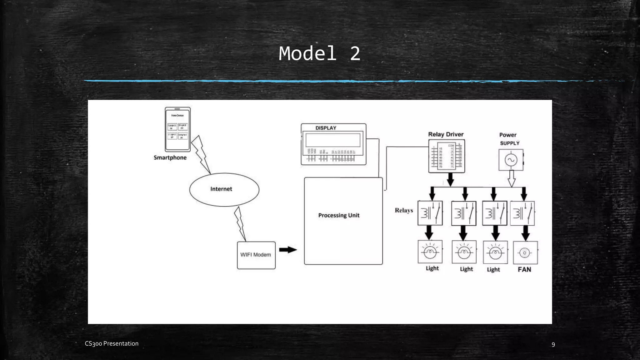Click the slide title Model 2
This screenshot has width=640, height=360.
(x=319, y=54)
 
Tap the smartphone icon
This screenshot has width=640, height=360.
(x=177, y=129)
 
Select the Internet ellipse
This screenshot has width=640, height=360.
(x=224, y=189)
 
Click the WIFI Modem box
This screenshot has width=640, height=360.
(x=256, y=255)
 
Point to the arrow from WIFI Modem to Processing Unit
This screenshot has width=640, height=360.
(x=288, y=250)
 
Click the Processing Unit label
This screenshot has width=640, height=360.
(x=339, y=215)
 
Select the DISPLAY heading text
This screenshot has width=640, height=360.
(x=326, y=128)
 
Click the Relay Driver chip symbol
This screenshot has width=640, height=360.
(x=447, y=156)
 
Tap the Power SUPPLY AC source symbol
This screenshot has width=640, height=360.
(x=511, y=160)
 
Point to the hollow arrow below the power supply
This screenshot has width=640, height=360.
(x=512, y=178)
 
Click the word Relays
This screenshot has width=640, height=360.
(x=404, y=210)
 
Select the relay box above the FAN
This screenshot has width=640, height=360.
(x=522, y=213)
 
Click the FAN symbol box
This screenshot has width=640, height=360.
(x=525, y=252)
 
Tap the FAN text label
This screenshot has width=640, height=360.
(x=524, y=269)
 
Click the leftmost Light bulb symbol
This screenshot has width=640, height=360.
(x=430, y=252)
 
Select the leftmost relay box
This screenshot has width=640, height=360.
(x=430, y=213)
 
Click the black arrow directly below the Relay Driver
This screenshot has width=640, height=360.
(x=450, y=179)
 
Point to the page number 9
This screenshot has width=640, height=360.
(x=553, y=344)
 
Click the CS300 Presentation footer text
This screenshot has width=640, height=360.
(x=112, y=343)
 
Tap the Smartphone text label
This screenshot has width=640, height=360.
(x=170, y=157)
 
